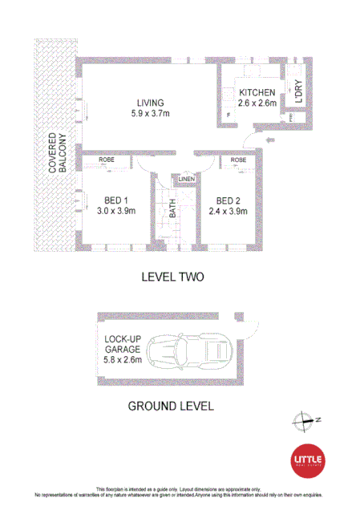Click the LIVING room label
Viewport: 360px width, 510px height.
(x=150, y=103)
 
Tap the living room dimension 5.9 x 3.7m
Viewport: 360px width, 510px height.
(x=150, y=114)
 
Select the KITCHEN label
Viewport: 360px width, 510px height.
(x=257, y=92)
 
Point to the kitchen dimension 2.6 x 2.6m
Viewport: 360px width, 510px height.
(x=257, y=103)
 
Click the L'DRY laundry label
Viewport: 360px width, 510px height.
(x=297, y=95)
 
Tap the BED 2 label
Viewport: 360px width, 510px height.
(x=228, y=200)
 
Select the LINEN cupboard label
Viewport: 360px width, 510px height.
(x=185, y=178)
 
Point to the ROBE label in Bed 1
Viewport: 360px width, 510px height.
(x=106, y=160)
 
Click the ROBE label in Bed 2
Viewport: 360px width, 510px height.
(x=238, y=160)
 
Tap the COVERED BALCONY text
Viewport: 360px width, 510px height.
(x=57, y=152)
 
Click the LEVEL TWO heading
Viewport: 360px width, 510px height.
(x=172, y=277)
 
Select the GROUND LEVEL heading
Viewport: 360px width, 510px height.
(x=172, y=406)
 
